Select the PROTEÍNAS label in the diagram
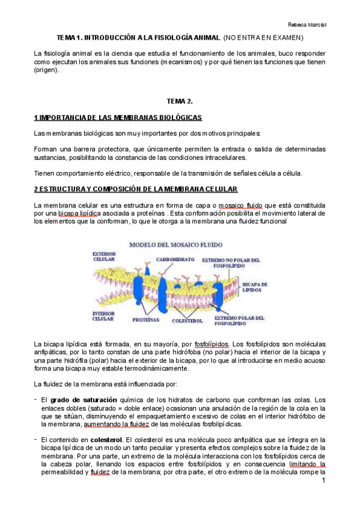145,321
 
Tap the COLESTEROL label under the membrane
188,321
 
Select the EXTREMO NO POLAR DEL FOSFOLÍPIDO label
231,263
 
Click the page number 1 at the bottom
323,482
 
